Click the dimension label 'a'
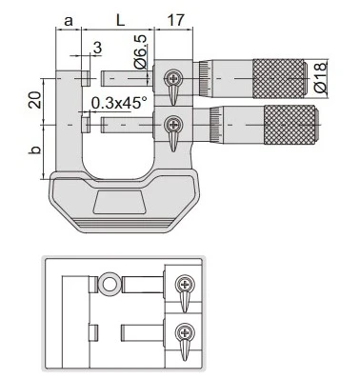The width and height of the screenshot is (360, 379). [69, 21]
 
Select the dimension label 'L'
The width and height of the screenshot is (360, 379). [120, 20]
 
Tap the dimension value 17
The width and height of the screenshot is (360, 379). [175, 20]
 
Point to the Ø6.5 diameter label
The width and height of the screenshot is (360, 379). [141, 51]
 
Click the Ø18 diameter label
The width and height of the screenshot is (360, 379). [320, 78]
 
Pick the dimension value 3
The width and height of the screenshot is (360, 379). [97, 48]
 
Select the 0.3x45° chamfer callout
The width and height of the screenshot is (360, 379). [119, 103]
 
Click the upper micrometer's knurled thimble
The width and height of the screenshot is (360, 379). [280, 78]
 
